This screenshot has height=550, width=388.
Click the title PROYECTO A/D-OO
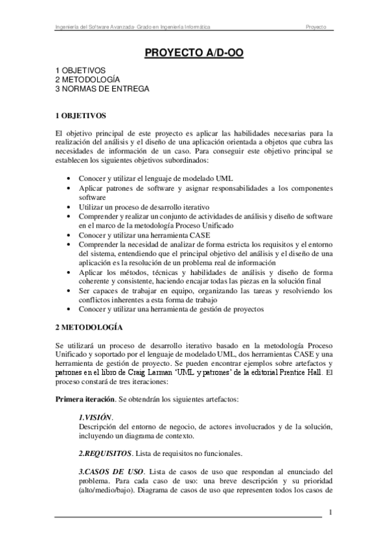click(194, 53)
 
